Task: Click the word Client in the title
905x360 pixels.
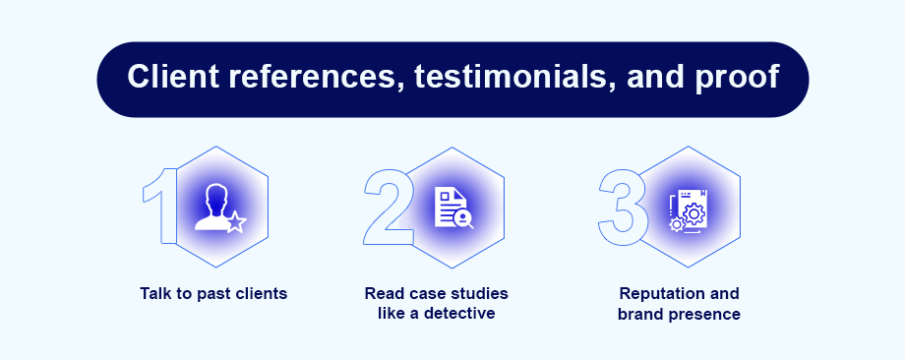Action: [x=173, y=77]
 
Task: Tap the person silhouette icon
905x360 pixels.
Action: [x=211, y=208]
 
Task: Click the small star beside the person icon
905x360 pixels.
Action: [x=236, y=222]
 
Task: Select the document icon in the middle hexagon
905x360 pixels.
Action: [x=451, y=208]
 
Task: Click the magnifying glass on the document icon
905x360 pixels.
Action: [x=463, y=219]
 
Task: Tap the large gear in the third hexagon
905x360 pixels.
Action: [x=694, y=214]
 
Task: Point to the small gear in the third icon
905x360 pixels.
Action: [x=677, y=224]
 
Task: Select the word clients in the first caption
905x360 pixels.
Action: [x=262, y=294]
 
